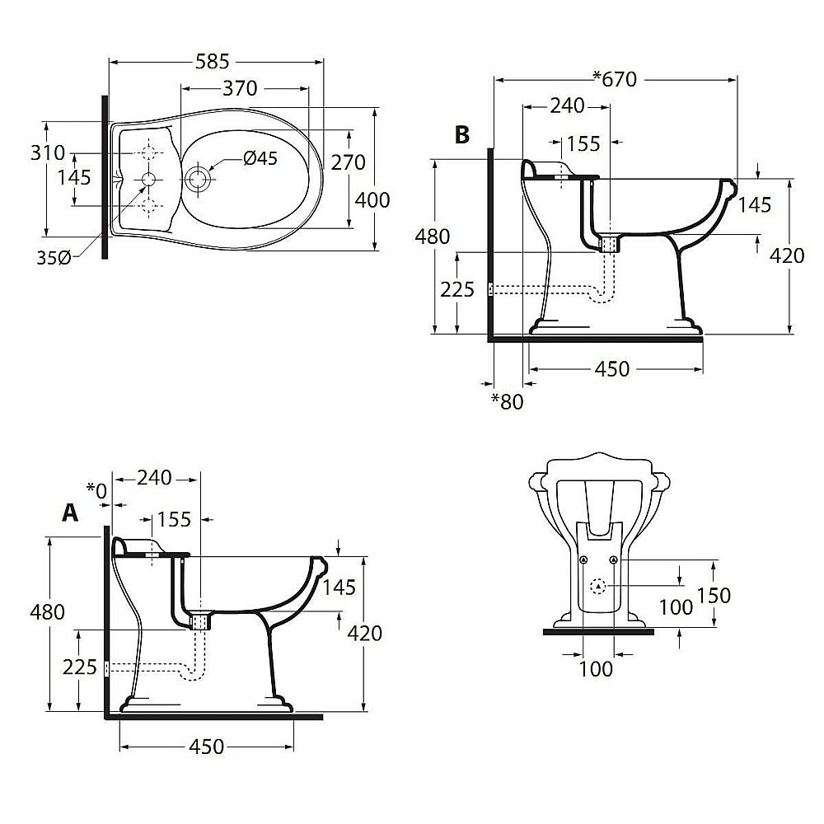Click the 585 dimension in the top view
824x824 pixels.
coord(213,61)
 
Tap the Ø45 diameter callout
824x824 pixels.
coord(260,158)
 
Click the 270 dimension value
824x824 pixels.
coord(348,162)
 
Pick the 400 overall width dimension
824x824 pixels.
coord(372,199)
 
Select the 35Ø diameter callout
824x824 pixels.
coord(52,259)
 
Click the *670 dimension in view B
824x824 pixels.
coord(615,79)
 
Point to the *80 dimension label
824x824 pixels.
coord(507,401)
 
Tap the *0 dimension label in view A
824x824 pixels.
coord(97,491)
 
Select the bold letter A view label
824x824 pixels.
coord(71,513)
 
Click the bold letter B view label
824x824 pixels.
coord(462,134)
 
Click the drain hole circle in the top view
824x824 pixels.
coord(198,179)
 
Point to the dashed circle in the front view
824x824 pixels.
coord(598,587)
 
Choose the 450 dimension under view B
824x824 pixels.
coord(611,369)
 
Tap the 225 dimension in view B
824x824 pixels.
coord(458,289)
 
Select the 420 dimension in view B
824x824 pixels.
coord(786,255)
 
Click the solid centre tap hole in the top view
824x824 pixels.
coord(149,179)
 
